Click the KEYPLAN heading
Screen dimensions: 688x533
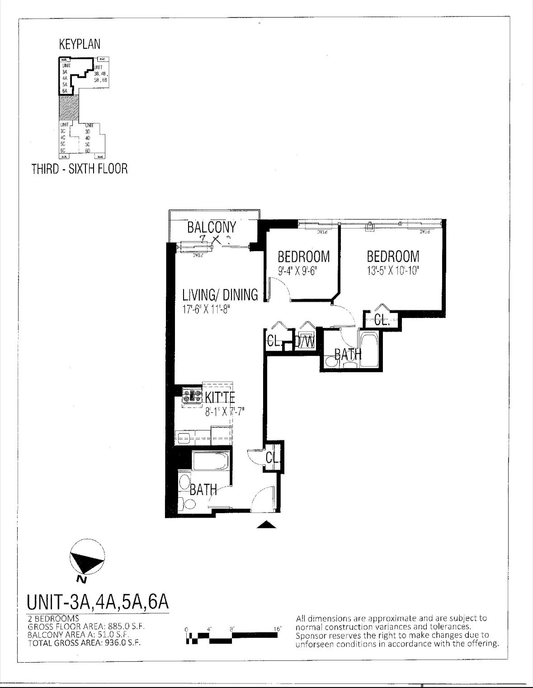(80, 44)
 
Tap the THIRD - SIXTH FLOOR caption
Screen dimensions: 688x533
(80, 169)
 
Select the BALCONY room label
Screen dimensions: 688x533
(212, 227)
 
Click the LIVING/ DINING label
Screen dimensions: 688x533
(220, 295)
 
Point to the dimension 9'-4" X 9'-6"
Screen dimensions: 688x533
(303, 272)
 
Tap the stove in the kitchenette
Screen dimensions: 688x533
(192, 396)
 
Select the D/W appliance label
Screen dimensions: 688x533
(304, 341)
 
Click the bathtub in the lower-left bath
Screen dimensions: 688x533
(210, 461)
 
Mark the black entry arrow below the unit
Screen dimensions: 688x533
(267, 524)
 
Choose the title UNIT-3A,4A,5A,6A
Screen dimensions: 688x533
(98, 602)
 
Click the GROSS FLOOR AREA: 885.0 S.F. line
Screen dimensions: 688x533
(86, 627)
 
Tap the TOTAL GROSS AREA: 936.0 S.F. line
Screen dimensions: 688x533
(84, 642)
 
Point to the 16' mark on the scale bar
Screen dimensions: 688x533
(278, 629)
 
